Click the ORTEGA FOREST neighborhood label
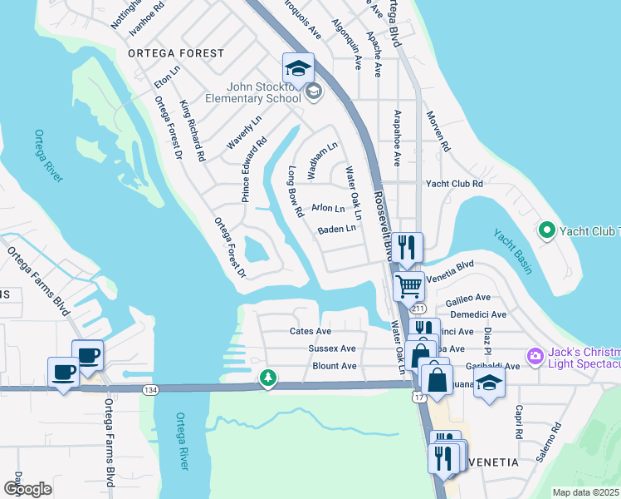click(176, 53)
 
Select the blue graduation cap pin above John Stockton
click(298, 67)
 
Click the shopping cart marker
click(408, 287)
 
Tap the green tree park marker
click(267, 378)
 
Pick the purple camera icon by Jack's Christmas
click(535, 356)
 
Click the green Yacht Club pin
click(546, 230)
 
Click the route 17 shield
click(419, 398)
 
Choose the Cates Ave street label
click(310, 331)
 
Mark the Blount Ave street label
click(334, 366)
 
